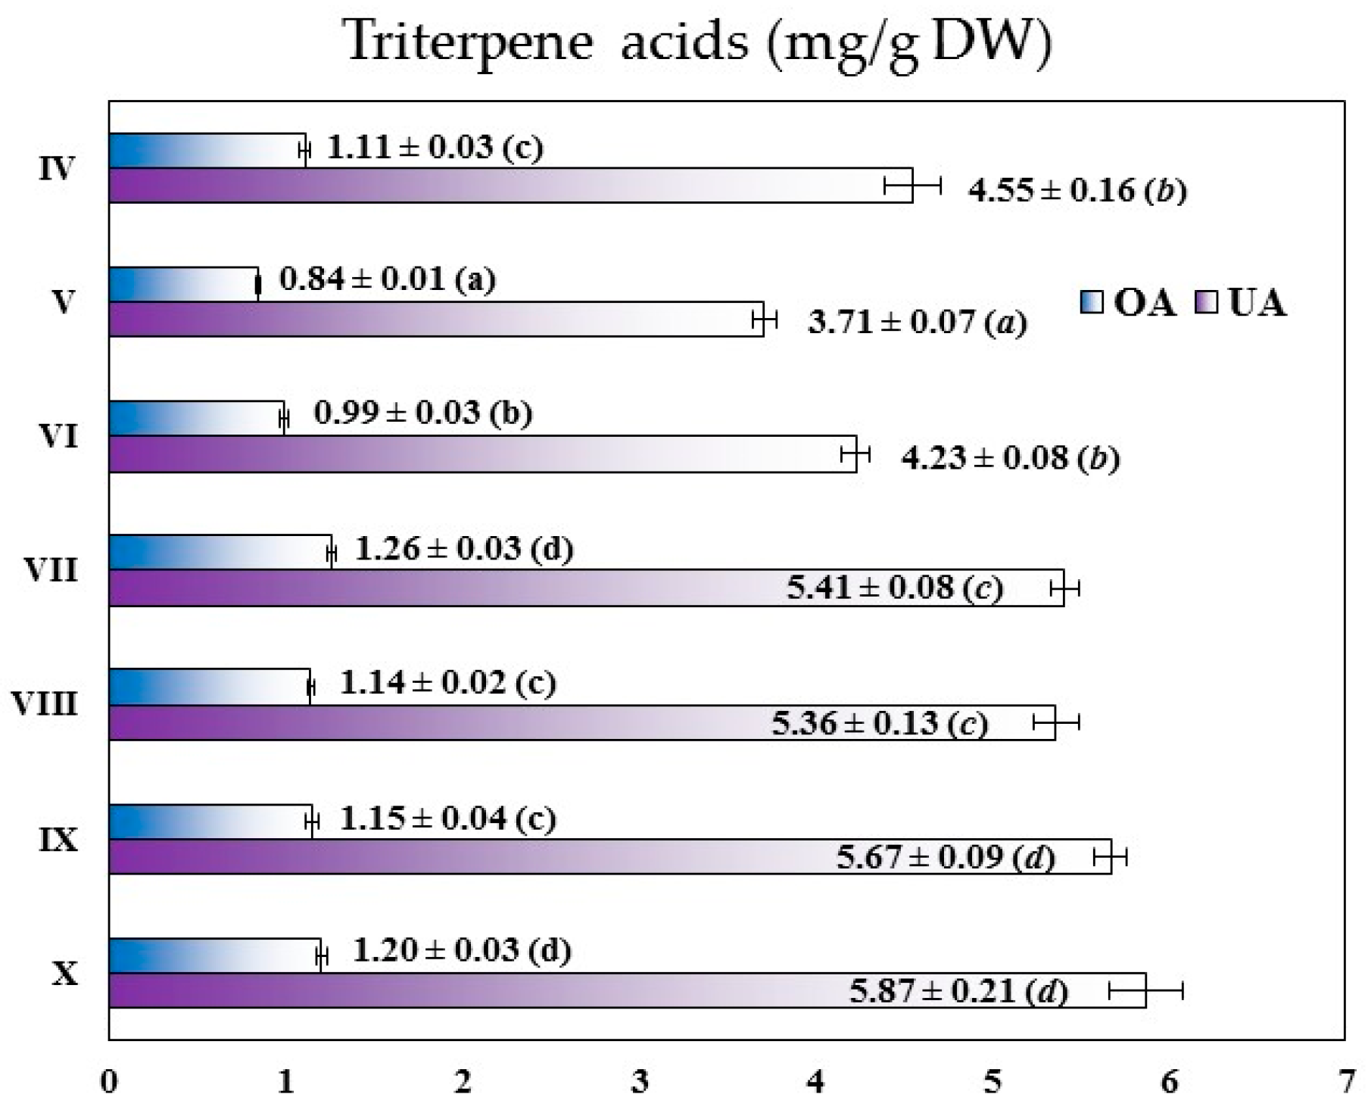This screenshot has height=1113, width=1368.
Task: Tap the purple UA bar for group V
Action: point(435,319)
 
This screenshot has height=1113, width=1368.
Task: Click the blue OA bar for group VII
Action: point(220,551)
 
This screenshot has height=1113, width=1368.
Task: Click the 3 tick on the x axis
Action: point(640,1082)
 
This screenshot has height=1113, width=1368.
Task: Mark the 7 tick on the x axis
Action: point(1345,1082)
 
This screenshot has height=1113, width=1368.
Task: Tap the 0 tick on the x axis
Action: point(110,1082)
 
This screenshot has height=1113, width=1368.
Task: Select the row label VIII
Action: point(45,704)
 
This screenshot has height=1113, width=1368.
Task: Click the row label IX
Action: point(58,840)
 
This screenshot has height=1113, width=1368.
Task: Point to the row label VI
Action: point(58,436)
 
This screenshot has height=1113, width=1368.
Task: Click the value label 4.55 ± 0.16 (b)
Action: point(1077,190)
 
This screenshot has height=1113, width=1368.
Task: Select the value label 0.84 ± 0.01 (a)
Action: point(388,279)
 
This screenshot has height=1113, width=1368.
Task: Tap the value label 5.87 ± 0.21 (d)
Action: point(958,990)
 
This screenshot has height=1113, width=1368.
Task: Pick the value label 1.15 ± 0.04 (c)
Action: point(447,819)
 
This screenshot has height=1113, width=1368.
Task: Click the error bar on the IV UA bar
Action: point(912,185)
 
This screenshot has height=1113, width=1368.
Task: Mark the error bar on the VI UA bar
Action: point(855,454)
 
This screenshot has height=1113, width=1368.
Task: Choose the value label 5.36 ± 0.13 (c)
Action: point(880,723)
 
